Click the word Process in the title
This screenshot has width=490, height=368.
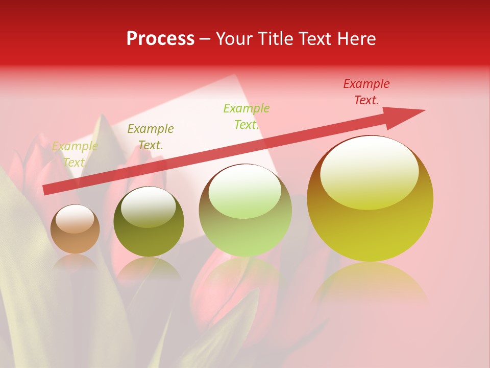click(x=160, y=39)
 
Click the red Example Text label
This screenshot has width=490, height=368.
click(x=366, y=92)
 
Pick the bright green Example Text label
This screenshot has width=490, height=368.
click(x=247, y=116)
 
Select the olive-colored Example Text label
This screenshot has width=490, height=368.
click(x=151, y=136)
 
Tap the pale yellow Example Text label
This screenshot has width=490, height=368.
click(x=75, y=154)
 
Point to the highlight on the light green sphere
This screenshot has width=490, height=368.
click(x=245, y=190)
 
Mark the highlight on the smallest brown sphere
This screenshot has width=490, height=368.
click(x=75, y=219)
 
